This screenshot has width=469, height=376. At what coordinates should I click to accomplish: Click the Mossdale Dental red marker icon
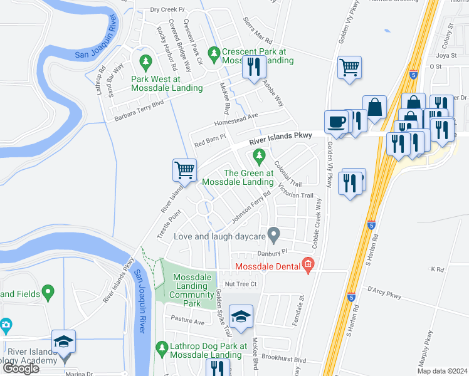(307, 266)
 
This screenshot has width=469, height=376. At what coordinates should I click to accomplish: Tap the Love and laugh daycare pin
(273, 235)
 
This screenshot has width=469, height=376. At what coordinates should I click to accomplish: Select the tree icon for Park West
(145, 62)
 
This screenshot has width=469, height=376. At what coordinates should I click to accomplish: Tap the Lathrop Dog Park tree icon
(162, 347)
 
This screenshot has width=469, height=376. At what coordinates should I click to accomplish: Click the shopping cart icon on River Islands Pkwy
(185, 170)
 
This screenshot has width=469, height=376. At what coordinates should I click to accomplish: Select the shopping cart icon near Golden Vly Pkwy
(349, 67)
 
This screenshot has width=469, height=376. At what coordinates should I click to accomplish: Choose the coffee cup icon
(336, 121)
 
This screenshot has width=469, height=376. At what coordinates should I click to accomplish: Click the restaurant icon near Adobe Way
(253, 66)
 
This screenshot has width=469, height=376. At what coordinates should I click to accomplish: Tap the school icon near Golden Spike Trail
(240, 316)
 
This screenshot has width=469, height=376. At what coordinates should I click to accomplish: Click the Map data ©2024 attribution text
(443, 371)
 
